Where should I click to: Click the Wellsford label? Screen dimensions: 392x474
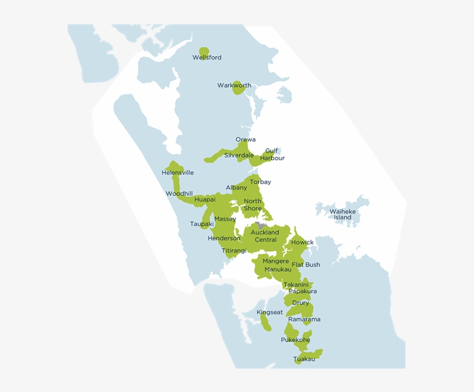207,58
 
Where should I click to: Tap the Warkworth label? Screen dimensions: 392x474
234,86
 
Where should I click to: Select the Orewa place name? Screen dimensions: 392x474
245,140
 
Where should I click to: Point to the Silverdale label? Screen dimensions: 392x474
239,156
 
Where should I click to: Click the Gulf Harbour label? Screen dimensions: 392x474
272,154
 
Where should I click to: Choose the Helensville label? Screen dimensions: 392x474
177,173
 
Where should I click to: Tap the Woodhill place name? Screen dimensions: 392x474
179,194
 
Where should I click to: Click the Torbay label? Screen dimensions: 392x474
260,182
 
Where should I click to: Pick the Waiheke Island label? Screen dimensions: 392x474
342,215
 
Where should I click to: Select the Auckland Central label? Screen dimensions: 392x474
265,236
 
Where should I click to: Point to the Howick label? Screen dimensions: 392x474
302,242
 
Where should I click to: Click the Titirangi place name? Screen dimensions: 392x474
234,250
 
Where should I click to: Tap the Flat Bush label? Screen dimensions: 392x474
305,265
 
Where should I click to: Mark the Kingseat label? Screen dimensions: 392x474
270,312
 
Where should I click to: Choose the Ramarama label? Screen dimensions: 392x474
304,319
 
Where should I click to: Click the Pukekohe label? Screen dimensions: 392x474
295,340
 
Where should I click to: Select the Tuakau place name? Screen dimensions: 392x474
304,359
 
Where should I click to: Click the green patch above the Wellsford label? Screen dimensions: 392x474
203,51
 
